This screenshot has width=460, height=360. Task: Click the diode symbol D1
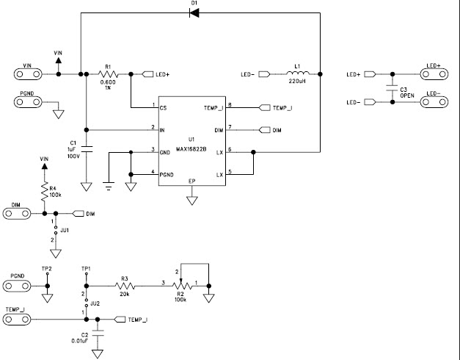[x=194, y=13]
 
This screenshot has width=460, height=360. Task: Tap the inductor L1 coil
[x=299, y=74]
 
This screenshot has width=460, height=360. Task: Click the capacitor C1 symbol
[x=86, y=149]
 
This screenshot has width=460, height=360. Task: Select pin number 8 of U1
[x=230, y=105]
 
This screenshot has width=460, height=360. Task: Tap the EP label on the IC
[x=192, y=181]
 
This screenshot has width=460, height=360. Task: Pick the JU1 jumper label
[x=65, y=230]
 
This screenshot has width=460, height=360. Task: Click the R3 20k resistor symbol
[x=125, y=284]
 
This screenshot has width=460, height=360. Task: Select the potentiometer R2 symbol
[x=179, y=284]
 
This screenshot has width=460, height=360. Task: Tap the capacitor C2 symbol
[x=98, y=333]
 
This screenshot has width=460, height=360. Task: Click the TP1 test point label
[x=86, y=268]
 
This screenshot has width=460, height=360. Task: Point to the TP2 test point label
[x=47, y=268]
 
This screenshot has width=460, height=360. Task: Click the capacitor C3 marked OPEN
[x=393, y=88]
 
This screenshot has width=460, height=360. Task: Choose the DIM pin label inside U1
[x=218, y=130]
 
